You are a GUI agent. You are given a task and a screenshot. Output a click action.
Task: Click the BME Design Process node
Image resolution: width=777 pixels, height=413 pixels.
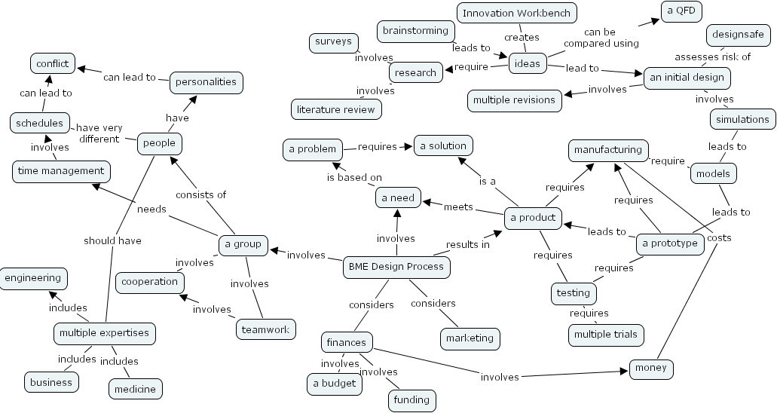pyautogui.click(x=396, y=267)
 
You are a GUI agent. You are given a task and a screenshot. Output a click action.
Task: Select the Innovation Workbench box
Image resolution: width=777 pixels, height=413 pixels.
pyautogui.click(x=518, y=13)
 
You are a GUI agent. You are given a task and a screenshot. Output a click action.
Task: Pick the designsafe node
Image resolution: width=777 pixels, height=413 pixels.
pyautogui.click(x=739, y=35)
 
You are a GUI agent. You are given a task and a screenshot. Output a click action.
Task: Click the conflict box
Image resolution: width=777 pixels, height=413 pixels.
pyautogui.click(x=53, y=64)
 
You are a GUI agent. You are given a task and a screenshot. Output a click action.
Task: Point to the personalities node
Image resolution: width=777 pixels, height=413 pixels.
pyautogui.click(x=206, y=82)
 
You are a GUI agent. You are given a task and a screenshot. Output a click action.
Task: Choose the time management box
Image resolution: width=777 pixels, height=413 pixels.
pyautogui.click(x=61, y=171)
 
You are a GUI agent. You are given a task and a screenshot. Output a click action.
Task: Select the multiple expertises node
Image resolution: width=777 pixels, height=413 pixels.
pyautogui.click(x=105, y=333)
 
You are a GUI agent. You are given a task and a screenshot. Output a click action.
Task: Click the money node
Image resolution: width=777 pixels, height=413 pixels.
pyautogui.click(x=651, y=369)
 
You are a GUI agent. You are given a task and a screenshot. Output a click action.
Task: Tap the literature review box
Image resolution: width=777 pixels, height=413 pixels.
pyautogui.click(x=336, y=109)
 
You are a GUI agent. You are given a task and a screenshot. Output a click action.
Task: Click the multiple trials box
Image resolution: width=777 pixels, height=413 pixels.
pyautogui.click(x=605, y=335)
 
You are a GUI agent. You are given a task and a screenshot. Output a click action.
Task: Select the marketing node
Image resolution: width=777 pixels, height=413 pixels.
pyautogui.click(x=470, y=338)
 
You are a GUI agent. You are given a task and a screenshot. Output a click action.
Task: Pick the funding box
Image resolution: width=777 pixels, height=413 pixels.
pyautogui.click(x=411, y=400)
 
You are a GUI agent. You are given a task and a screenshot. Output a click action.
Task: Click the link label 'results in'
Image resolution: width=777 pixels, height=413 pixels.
pyautogui.click(x=467, y=244)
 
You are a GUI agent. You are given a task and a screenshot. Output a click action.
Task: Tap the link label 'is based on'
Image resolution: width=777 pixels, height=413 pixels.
pyautogui.click(x=353, y=178)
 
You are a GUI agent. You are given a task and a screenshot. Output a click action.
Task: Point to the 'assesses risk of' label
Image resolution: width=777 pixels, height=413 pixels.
pyautogui.click(x=712, y=57)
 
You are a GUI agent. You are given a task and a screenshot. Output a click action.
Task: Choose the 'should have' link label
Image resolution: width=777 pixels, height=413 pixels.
pyautogui.click(x=112, y=240)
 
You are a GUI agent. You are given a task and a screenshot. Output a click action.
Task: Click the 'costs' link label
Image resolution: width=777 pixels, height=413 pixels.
pyautogui.click(x=718, y=237)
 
